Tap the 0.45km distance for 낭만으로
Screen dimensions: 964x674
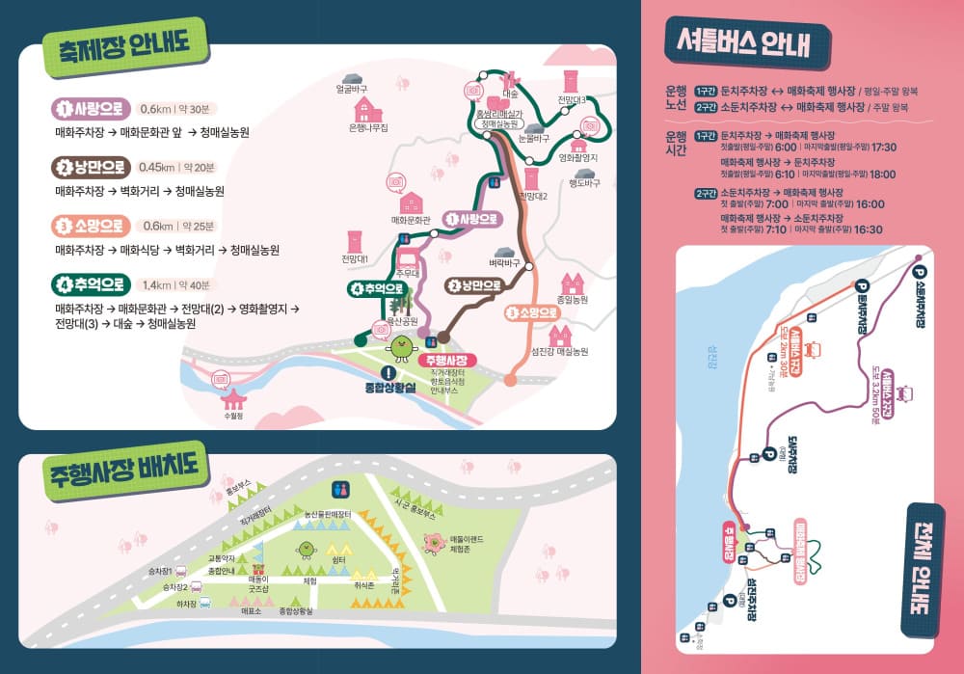tap(157, 167)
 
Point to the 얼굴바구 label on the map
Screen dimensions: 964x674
tap(352, 90)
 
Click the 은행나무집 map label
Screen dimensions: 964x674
tap(368, 126)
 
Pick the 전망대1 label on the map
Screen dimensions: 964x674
tap(355, 258)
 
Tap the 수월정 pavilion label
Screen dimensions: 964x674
tap(232, 417)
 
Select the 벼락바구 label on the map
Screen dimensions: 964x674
tap(504, 262)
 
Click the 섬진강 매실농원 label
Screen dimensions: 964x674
tap(560, 352)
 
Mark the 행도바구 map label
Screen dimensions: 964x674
tap(584, 183)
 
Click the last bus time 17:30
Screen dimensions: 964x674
tap(883, 148)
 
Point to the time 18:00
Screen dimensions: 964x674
tap(882, 175)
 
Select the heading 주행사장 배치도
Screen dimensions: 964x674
tap(126, 476)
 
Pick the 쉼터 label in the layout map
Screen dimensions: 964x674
tap(339, 559)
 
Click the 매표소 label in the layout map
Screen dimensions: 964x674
tap(252, 610)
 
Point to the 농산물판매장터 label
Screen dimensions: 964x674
tap(328, 514)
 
